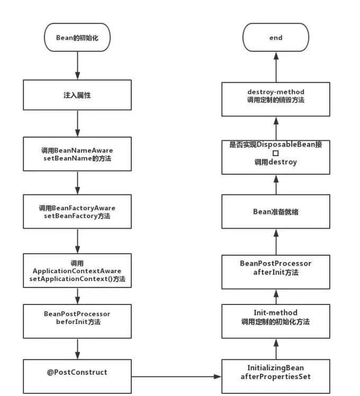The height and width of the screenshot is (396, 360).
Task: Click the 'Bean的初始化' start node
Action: point(77,38)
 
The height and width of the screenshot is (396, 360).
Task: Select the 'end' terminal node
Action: point(275,38)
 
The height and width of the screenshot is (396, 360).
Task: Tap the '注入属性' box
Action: point(77,95)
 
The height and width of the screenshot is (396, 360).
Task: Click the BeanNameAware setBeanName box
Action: point(77,154)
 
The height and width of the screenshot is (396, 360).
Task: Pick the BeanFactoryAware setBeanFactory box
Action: point(77,211)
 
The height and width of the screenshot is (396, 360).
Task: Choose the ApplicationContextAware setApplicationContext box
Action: point(77,271)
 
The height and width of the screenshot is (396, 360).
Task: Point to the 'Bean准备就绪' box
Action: point(275,211)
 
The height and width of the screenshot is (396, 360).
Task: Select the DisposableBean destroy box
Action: point(275,157)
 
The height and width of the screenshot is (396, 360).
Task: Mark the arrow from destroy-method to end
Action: point(275,68)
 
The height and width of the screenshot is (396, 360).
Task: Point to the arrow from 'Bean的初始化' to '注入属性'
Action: point(77,65)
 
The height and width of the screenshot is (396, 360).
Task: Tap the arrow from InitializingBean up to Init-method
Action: point(275,349)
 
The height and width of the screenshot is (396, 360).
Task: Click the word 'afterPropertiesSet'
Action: point(275,377)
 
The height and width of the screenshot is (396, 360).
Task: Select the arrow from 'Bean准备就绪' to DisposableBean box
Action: point(275,184)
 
